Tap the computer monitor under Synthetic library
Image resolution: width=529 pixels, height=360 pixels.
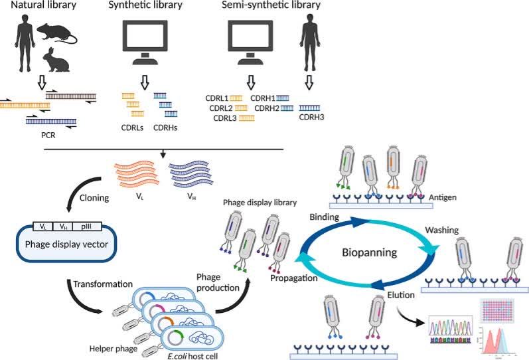[143, 39]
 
